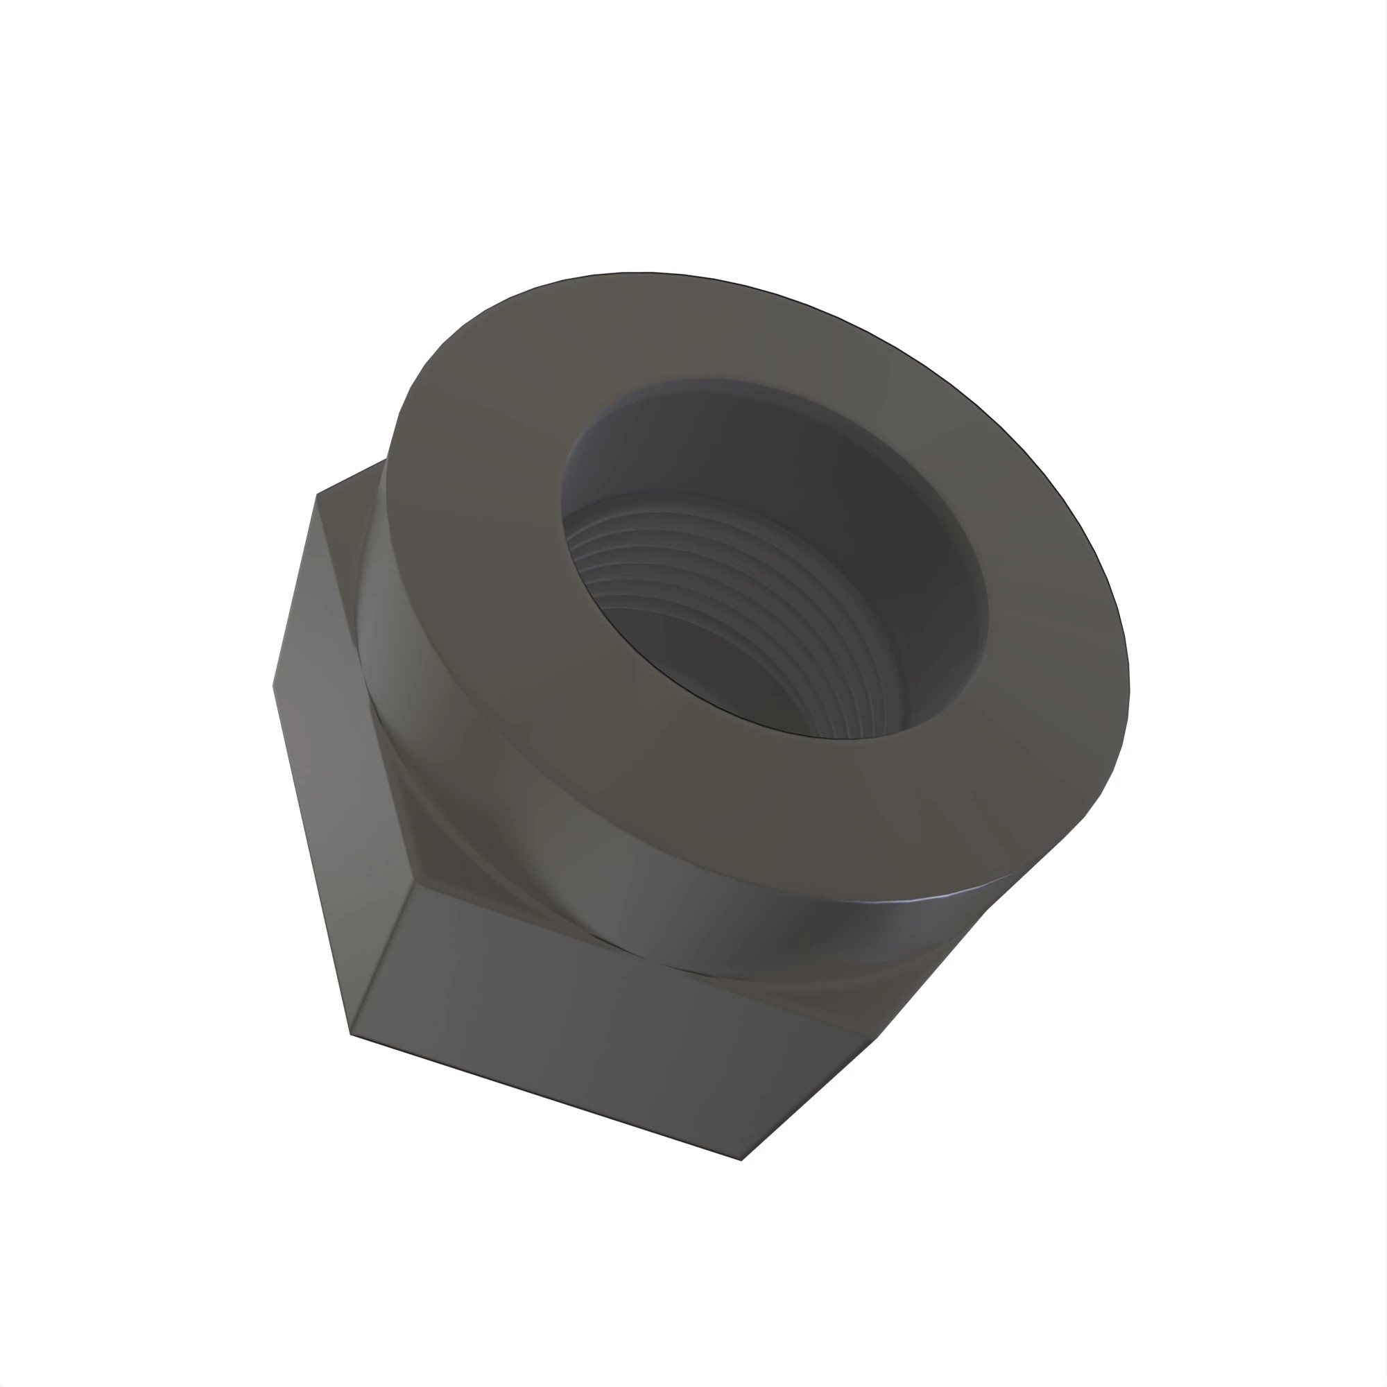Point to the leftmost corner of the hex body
(x=273, y=686)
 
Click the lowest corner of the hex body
(x=741, y=1160)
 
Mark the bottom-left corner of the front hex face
(x=350, y=1035)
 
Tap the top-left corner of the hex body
(x=317, y=494)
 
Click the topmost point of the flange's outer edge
(x=639, y=272)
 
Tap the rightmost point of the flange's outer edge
(x=1128, y=689)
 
